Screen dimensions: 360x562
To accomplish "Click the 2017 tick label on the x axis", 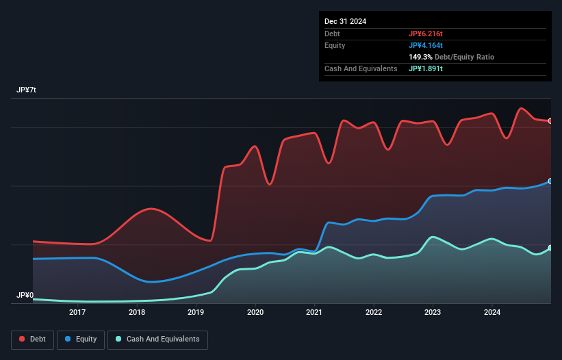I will click(77, 313).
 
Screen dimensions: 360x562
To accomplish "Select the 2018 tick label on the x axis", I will click(137, 313).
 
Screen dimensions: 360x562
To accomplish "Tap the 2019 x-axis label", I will click(196, 313).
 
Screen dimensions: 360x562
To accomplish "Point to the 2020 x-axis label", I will click(255, 313).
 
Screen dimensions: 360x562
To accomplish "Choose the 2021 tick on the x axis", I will click(315, 313).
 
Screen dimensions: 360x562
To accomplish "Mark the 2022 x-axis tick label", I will click(374, 313).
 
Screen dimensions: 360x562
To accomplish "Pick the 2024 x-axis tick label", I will click(492, 313).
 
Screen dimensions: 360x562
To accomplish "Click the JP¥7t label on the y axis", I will click(27, 90).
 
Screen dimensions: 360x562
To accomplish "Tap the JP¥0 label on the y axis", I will click(25, 295).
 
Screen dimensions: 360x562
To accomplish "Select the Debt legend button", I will click(32, 339).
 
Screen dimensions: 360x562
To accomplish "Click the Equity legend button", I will click(81, 339).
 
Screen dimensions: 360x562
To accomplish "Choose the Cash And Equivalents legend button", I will click(157, 339).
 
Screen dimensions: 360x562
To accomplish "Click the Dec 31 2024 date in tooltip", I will click(345, 21).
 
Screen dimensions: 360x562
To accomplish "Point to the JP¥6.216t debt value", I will click(426, 34).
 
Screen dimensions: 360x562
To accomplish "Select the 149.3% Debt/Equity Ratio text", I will click(451, 57).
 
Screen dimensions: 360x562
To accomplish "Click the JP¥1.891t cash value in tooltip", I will click(426, 68).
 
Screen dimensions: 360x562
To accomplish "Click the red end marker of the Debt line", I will click(550, 121).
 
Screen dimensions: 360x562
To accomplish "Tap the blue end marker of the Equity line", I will click(550, 181).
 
